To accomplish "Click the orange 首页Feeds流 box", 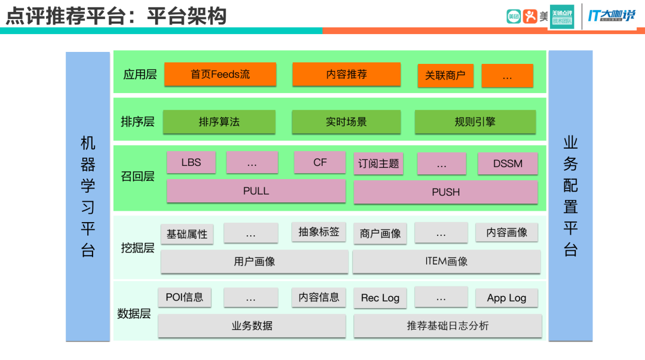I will click(x=220, y=75).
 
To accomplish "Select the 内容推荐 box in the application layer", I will click(x=346, y=75).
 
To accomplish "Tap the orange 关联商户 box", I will click(x=445, y=76).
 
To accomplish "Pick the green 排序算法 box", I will click(x=219, y=122).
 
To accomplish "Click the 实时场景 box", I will click(x=346, y=122).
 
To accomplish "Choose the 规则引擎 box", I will click(x=475, y=122).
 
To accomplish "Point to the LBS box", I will click(x=191, y=162).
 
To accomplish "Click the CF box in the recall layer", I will click(x=320, y=162).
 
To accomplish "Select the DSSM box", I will click(x=508, y=164).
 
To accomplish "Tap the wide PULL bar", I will click(x=256, y=191).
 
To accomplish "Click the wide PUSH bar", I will click(x=446, y=192).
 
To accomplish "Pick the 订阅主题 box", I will click(x=378, y=164).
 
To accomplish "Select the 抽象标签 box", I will click(x=319, y=232).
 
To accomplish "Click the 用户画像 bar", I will click(x=254, y=261).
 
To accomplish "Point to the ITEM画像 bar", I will click(x=446, y=261).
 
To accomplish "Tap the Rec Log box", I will click(x=380, y=298).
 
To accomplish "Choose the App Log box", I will click(x=506, y=298).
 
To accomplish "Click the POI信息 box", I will click(x=185, y=297).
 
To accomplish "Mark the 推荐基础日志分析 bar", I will click(x=447, y=326).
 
